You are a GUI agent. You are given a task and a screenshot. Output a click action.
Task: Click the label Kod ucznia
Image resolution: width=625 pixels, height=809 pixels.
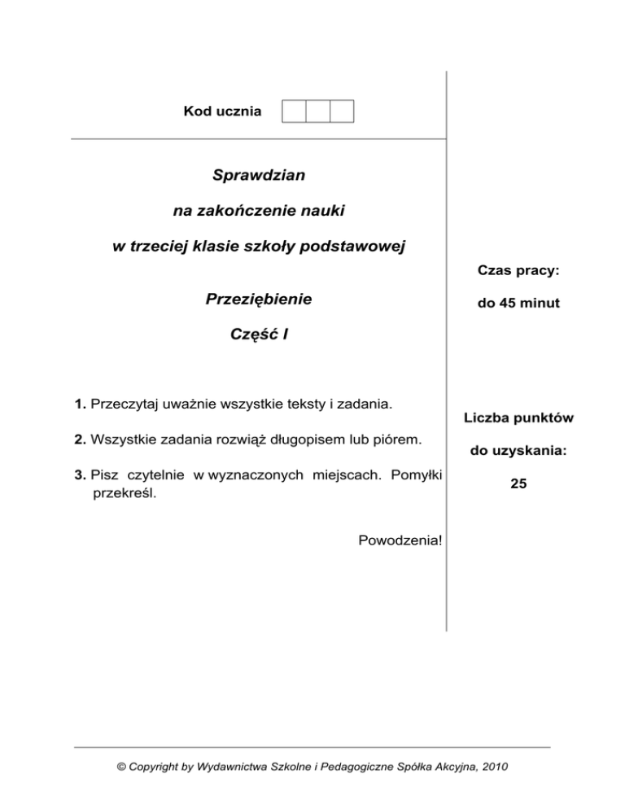pos(222,111)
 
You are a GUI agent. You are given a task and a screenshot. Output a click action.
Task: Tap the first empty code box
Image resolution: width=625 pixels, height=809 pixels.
pos(293,111)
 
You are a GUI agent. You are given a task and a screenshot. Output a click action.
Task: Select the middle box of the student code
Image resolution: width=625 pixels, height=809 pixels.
pos(317,111)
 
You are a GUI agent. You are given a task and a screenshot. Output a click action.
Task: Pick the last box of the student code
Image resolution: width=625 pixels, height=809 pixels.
pos(342,111)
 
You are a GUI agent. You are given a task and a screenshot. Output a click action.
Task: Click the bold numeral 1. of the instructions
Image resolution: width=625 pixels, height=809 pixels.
pos(80,404)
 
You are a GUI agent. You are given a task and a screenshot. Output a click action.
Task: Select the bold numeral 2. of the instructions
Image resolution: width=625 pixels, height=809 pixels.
pos(80,440)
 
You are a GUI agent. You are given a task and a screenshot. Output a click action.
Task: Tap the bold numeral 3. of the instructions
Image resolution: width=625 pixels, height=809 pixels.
pos(80,476)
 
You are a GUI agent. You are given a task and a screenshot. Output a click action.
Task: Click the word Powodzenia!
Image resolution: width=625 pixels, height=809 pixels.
pos(400,540)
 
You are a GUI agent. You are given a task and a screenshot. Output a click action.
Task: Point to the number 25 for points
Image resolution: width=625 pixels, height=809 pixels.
pos(518,483)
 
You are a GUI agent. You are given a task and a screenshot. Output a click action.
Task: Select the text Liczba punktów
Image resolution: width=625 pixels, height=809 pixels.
pos(518,418)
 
